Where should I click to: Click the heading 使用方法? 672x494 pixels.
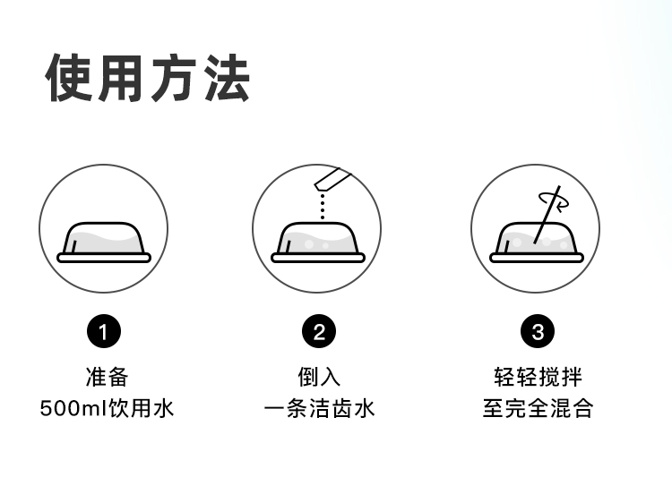tap(148, 79)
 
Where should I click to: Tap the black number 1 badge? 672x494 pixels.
tap(103, 333)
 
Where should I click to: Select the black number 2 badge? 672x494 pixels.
tap(319, 333)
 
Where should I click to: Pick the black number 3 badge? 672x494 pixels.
tap(537, 333)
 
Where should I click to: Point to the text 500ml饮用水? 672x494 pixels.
tap(107, 410)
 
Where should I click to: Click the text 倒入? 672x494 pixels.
tap(319, 376)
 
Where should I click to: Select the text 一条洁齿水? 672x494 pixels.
tap(319, 410)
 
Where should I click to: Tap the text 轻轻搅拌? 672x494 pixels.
tap(538, 376)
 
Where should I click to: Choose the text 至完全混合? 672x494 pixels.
tap(538, 410)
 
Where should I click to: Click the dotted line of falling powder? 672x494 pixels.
tap(322, 205)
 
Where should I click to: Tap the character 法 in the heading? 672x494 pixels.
tap(225, 79)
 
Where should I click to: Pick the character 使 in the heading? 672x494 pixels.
tap(71, 79)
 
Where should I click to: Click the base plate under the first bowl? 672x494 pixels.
tap(104, 258)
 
